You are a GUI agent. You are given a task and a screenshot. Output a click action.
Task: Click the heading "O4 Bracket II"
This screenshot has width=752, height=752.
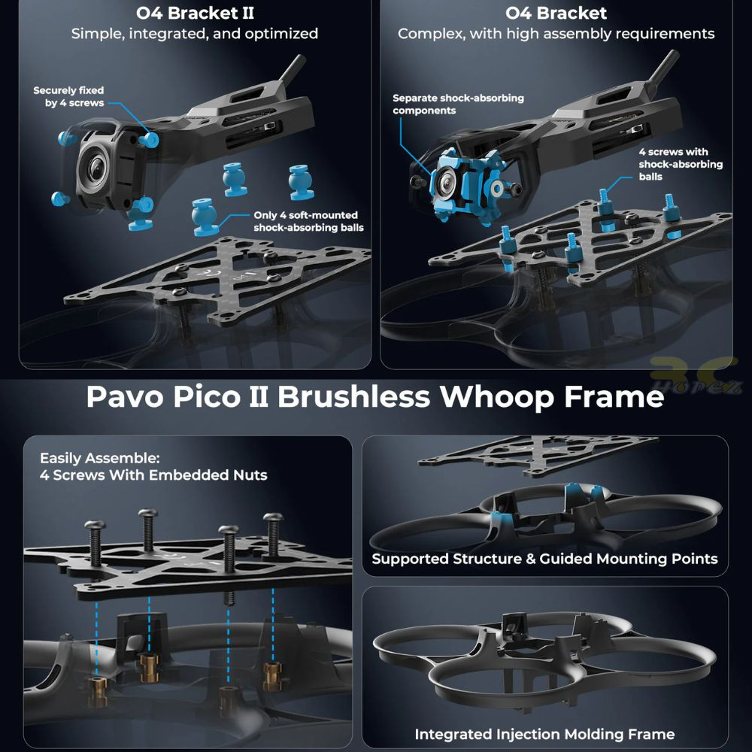pos(196,13)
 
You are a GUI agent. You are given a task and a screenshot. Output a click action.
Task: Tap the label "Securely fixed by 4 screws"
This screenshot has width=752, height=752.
pos(68,96)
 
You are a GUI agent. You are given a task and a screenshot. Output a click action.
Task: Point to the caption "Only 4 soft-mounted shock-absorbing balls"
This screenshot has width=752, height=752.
pos(308,221)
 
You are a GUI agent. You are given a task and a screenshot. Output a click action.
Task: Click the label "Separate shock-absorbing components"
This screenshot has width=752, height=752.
pos(458,104)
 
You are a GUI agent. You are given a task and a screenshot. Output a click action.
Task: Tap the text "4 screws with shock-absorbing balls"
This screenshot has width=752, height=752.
pos(681,164)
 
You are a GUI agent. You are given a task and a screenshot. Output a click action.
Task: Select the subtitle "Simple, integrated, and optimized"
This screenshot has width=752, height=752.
pos(195,34)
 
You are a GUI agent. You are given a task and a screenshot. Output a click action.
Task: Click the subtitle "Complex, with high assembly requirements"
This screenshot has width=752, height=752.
pos(556,34)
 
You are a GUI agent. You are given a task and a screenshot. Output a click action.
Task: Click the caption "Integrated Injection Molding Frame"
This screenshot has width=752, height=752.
pos(544,734)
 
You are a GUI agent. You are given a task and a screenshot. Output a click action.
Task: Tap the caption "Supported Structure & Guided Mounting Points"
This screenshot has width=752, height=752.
pos(544,559)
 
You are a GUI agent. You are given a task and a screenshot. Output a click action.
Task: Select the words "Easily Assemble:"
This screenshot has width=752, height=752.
pos(100,458)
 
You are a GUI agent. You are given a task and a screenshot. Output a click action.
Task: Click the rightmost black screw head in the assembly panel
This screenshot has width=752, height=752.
pos(274,518)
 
